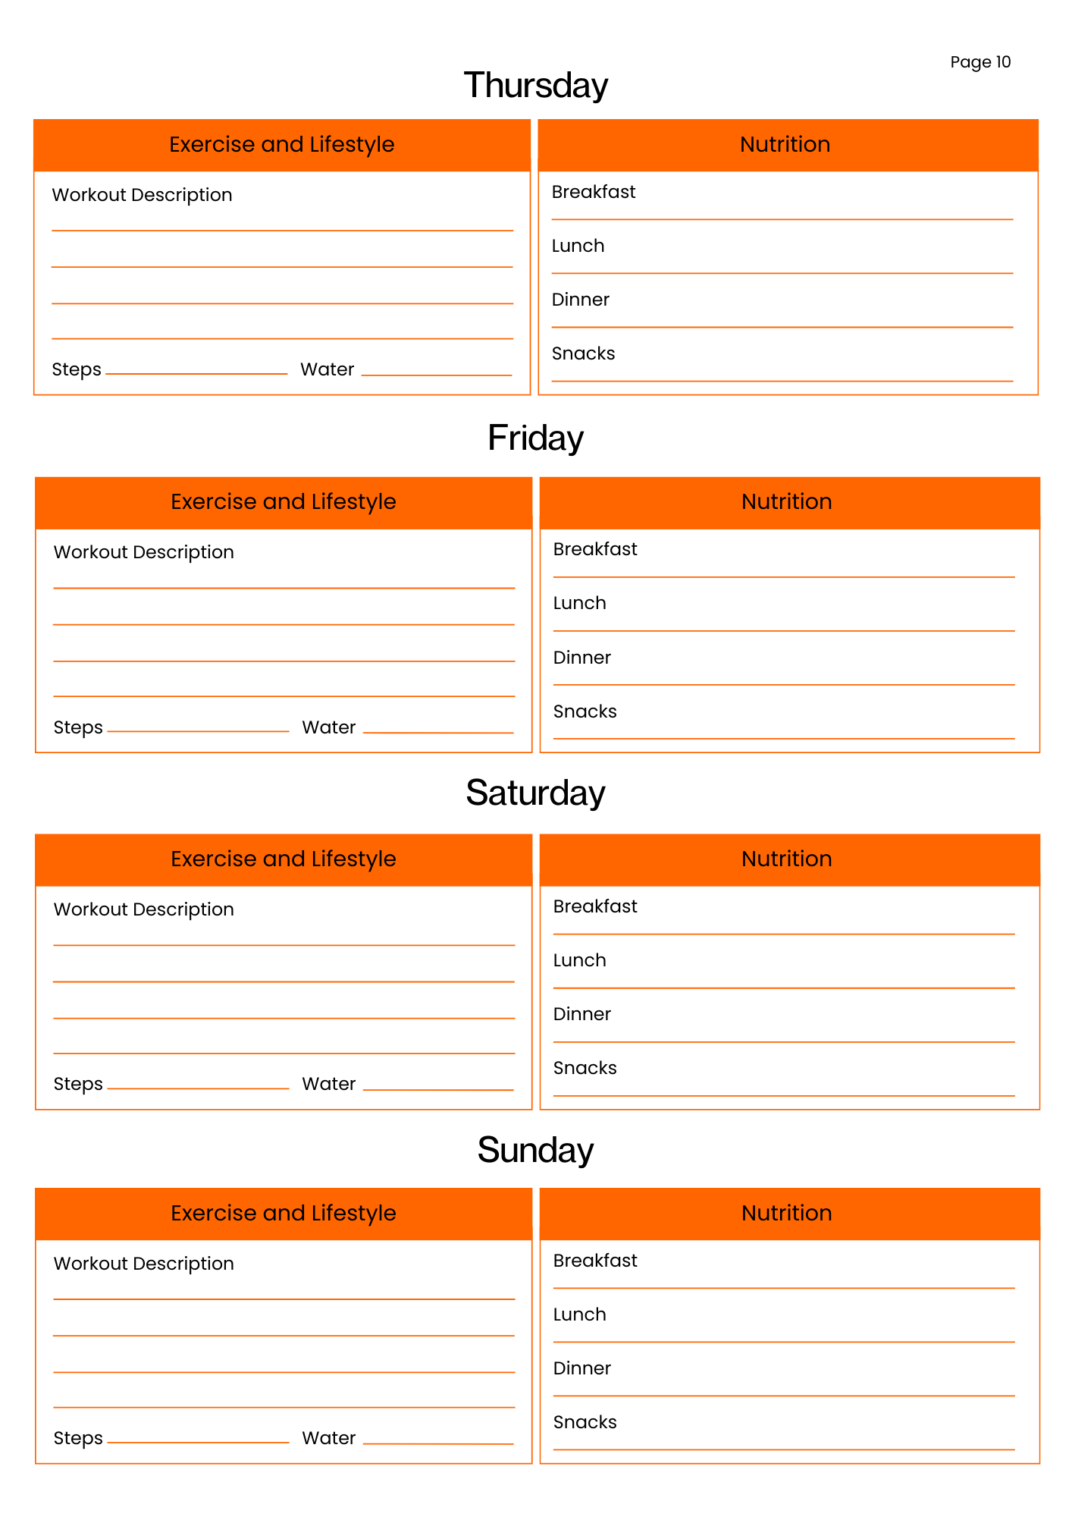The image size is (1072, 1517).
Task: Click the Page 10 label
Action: [x=980, y=62]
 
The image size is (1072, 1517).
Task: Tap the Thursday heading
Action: [x=535, y=85]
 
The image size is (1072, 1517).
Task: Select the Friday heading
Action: [x=535, y=438]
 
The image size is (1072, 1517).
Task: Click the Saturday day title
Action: [x=535, y=793]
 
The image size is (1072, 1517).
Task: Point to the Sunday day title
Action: [x=535, y=1150]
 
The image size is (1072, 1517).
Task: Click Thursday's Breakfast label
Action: [x=594, y=192]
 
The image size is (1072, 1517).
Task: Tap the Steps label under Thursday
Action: [x=77, y=369]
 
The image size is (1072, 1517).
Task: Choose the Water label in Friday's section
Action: [x=329, y=727]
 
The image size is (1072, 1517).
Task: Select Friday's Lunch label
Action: [x=579, y=603]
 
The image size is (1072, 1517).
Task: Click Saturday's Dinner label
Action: [x=581, y=1014]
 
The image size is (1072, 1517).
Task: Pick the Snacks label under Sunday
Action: [x=585, y=1422]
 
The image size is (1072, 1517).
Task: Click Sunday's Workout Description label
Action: [x=143, y=1264]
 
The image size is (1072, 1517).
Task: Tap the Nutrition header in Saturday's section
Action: [x=787, y=859]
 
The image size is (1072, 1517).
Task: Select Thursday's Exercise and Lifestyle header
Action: [x=282, y=144]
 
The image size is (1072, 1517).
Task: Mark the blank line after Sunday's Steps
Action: [x=198, y=1441]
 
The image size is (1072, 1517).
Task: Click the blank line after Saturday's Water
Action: [x=438, y=1088]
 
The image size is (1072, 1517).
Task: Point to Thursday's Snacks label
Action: [x=583, y=353]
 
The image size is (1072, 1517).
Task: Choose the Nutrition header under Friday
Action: [x=787, y=501]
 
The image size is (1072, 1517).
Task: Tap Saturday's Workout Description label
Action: [x=143, y=909]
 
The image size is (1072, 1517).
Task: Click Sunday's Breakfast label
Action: [x=595, y=1261]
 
